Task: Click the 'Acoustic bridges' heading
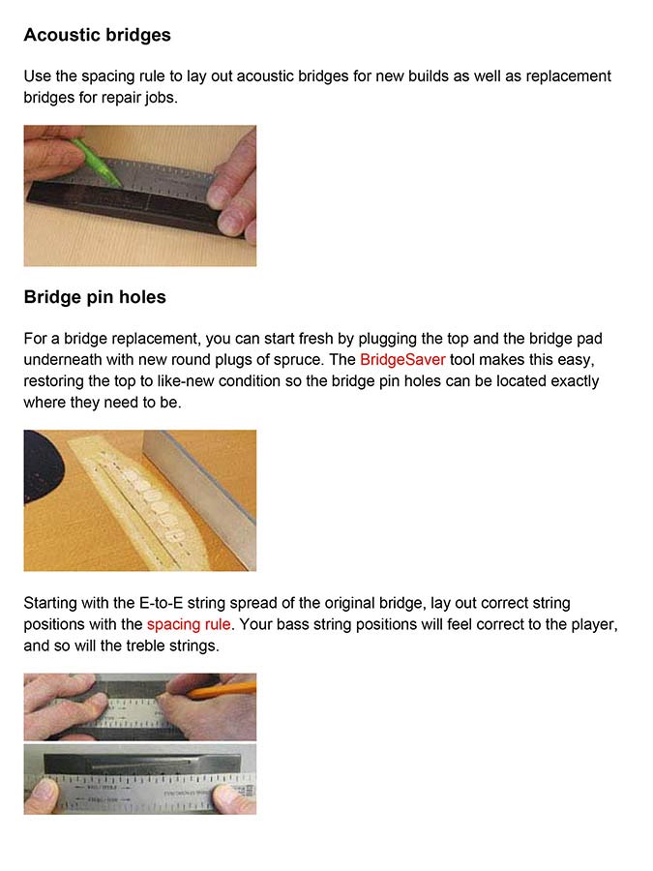pyautogui.click(x=97, y=35)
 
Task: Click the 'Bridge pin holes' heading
pyautogui.click(x=95, y=297)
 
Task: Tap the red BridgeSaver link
pyautogui.click(x=402, y=359)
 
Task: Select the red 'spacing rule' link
pyautogui.click(x=189, y=624)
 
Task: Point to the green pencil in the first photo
pyautogui.click(x=96, y=161)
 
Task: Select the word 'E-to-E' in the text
pyautogui.click(x=161, y=603)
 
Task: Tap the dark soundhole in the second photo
pyautogui.click(x=42, y=465)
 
